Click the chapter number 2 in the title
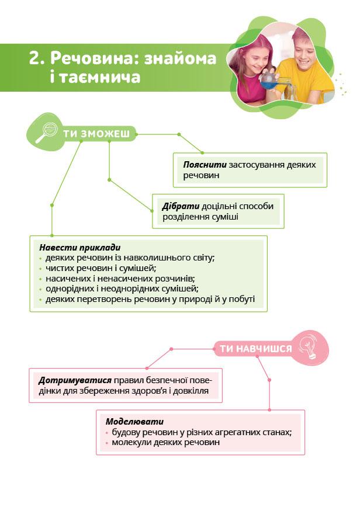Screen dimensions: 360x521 pos(36,58)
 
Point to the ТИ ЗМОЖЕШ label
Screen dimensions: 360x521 pos(96,134)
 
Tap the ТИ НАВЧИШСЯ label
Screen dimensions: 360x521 pos(255,349)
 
